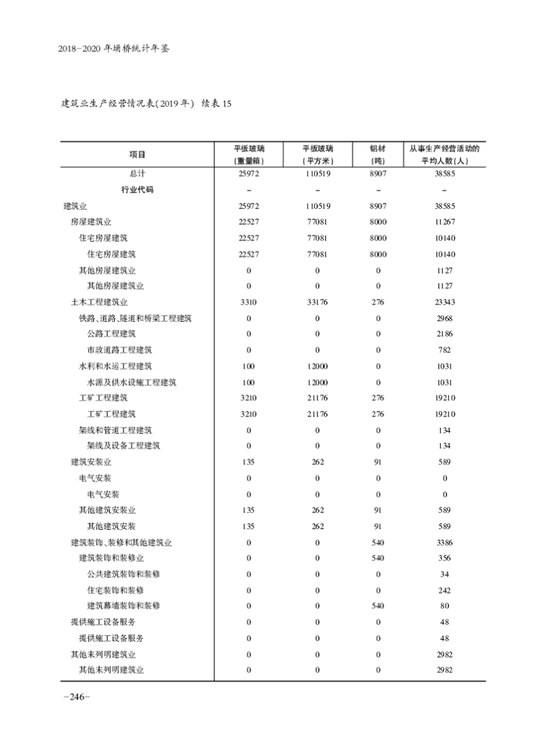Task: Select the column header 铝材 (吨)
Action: pyautogui.click(x=377, y=154)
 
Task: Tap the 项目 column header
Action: pyautogui.click(x=137, y=154)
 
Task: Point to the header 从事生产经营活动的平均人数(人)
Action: pyautogui.click(x=444, y=154)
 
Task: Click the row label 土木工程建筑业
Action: pyautogui.click(x=100, y=302)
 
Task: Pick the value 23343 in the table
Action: pyautogui.click(x=444, y=302)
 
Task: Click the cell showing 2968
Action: pyautogui.click(x=444, y=318)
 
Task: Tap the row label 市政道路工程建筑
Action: pyautogui.click(x=119, y=350)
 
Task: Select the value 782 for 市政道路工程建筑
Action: pyautogui.click(x=444, y=350)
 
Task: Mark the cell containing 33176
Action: pyautogui.click(x=317, y=302)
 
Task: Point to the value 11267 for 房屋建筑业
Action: pyautogui.click(x=444, y=222)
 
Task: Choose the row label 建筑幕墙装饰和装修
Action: pyautogui.click(x=124, y=606)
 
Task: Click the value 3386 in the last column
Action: pyautogui.click(x=444, y=543)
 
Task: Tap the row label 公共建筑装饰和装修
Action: pyautogui.click(x=124, y=574)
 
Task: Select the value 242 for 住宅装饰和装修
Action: pyautogui.click(x=444, y=590)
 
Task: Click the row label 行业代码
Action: pyautogui.click(x=137, y=190)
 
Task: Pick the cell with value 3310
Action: pyautogui.click(x=248, y=302)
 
